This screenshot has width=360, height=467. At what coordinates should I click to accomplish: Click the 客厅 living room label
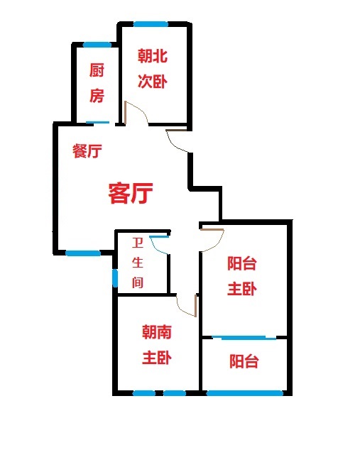click(x=131, y=193)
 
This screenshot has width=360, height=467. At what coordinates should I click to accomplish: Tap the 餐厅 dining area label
click(x=87, y=150)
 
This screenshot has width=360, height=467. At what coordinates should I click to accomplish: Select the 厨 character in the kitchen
click(x=97, y=70)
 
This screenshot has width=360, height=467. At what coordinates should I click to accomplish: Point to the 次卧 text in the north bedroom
click(x=153, y=81)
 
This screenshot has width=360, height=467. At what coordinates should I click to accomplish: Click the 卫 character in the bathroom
click(x=137, y=243)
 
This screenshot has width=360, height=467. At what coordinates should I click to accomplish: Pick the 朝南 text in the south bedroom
click(x=157, y=331)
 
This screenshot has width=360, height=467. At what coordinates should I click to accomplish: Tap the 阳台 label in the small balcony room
click(x=244, y=361)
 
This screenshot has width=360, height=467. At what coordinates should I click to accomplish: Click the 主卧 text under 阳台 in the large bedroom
click(x=242, y=289)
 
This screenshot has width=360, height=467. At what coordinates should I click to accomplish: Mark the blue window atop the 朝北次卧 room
click(x=151, y=24)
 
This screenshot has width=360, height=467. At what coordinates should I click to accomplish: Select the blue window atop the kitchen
click(x=97, y=45)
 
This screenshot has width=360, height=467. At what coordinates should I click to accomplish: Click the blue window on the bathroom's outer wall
click(x=115, y=278)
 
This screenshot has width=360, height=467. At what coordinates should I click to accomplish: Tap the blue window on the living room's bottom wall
click(x=83, y=253)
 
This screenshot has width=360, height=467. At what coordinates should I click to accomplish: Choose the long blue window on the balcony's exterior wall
click(x=245, y=393)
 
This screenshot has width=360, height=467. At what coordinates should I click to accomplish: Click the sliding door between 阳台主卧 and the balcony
click(x=244, y=337)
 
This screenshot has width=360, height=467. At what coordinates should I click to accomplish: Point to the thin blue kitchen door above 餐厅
click(x=98, y=122)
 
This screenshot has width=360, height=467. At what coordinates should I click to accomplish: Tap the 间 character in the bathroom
click(x=137, y=282)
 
